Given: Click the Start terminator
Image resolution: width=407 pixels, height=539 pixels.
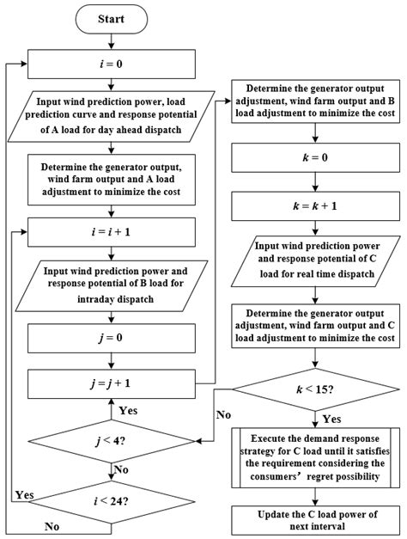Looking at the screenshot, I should (110, 18).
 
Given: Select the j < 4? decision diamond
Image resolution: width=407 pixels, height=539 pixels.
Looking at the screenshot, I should (110, 441).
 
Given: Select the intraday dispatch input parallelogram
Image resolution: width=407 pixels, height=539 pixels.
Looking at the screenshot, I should (110, 283).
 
